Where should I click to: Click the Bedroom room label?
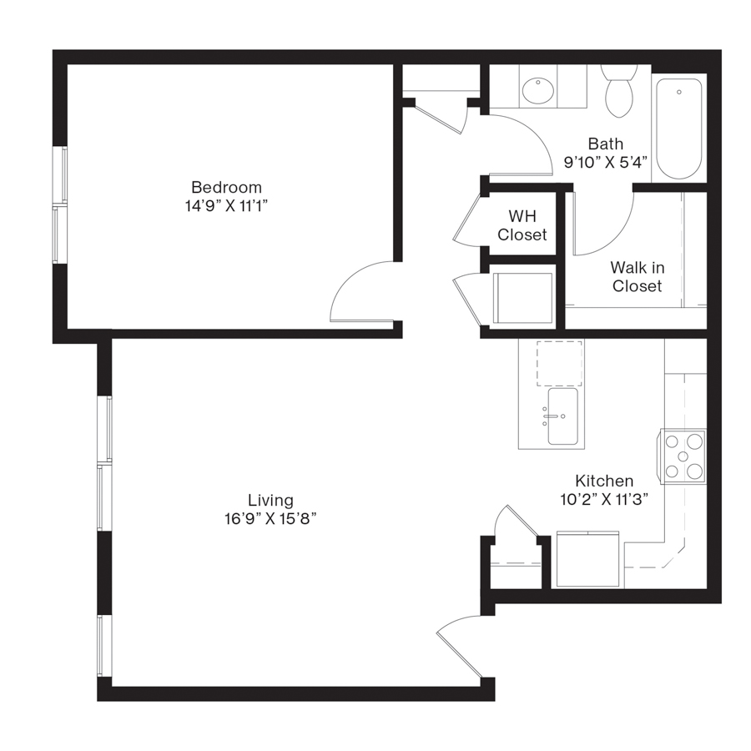[226, 187]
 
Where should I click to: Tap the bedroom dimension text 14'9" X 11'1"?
[226, 206]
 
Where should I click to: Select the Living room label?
[270, 500]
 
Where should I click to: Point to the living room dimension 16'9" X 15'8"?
[270, 519]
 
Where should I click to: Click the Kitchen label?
[604, 481]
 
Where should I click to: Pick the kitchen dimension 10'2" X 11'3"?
[604, 499]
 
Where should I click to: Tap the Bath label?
[605, 144]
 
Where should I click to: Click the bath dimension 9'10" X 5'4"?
[605, 163]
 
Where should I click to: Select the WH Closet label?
[522, 225]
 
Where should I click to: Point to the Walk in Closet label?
[637, 277]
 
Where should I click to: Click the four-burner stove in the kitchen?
[683, 456]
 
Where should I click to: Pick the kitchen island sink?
[562, 416]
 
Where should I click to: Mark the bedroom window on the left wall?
[59, 205]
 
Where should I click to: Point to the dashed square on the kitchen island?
[559, 363]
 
